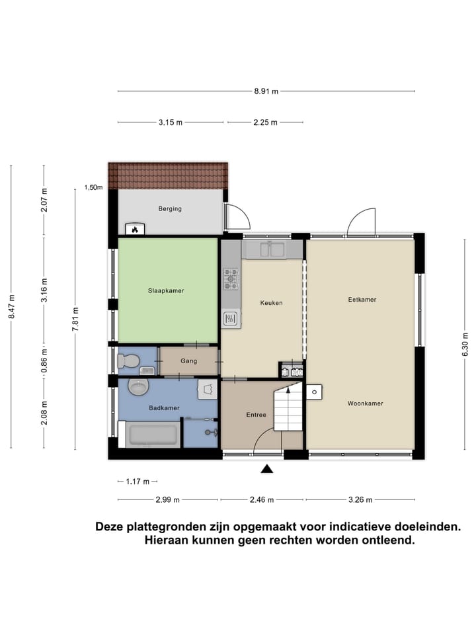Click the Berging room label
pyautogui.click(x=169, y=209)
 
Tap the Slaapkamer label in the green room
pyautogui.click(x=166, y=290)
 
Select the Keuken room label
pyautogui.click(x=271, y=303)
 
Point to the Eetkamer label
pyautogui.click(x=362, y=300)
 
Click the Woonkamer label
pyautogui.click(x=366, y=403)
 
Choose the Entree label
pyautogui.click(x=256, y=415)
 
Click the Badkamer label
pyautogui.click(x=164, y=408)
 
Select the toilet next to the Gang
pyautogui.click(x=128, y=361)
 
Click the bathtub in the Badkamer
pyautogui.click(x=153, y=434)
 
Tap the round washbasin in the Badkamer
pyautogui.click(x=139, y=387)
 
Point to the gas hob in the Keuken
pyautogui.click(x=231, y=278)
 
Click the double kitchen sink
pyautogui.click(x=272, y=249)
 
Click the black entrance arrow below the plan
pyautogui.click(x=266, y=469)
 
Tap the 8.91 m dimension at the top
pyautogui.click(x=266, y=91)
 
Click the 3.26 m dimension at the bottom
pyautogui.click(x=360, y=500)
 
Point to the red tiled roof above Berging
pyautogui.click(x=169, y=176)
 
